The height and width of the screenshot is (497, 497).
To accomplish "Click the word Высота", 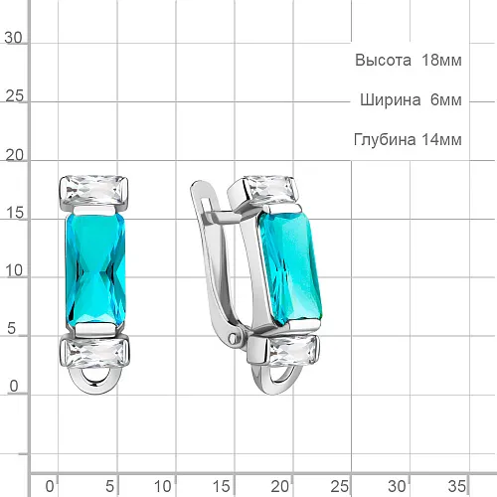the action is (383, 61).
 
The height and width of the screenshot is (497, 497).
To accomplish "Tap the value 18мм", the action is (441, 61).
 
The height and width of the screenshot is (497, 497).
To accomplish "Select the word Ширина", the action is (391, 99).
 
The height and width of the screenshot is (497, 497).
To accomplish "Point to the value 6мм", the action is (446, 99).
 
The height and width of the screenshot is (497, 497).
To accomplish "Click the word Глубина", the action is (385, 139).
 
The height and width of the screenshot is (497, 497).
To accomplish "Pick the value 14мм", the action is (441, 139).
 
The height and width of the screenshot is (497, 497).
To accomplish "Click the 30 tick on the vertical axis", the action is (13, 38).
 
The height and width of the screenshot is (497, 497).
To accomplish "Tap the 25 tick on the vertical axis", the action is (14, 96).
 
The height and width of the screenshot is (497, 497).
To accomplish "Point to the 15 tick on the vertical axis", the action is (14, 213).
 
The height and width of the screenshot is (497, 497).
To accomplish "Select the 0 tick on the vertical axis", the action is (14, 387).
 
